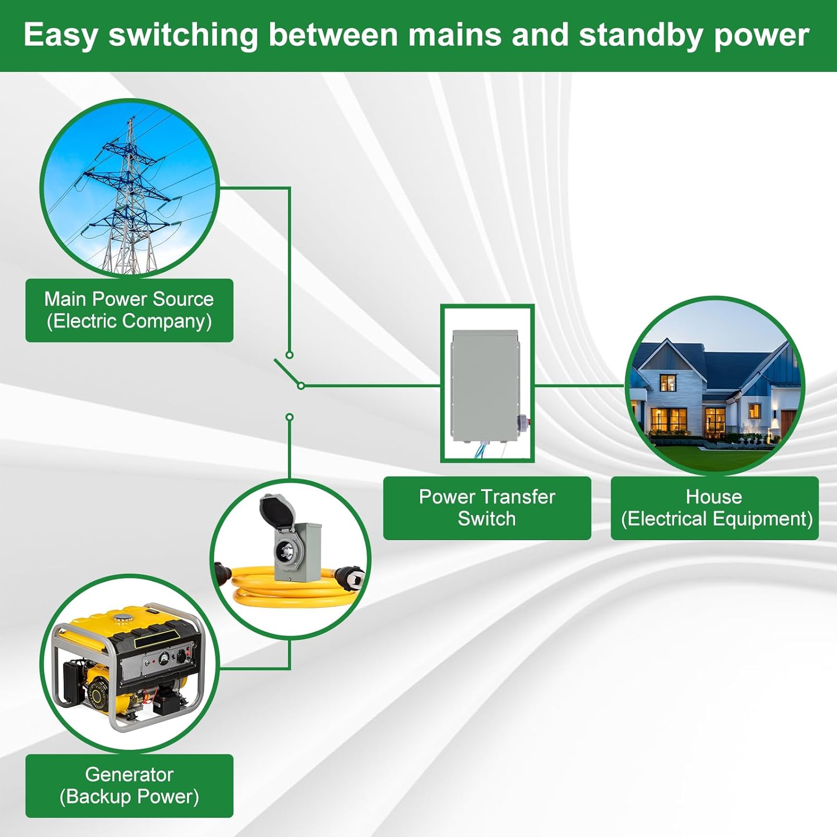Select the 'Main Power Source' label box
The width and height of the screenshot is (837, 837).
click(129, 310)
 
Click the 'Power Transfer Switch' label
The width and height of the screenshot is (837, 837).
click(487, 508)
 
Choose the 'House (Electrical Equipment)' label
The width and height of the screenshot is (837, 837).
click(714, 508)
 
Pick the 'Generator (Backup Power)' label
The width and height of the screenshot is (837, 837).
click(129, 786)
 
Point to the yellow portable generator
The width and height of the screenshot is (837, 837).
click(128, 664)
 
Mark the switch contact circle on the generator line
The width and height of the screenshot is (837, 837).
click(289, 417)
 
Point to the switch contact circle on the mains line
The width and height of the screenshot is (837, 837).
click(289, 355)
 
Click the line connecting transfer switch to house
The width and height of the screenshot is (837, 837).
click(578, 385)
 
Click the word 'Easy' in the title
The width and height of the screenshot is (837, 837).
click(60, 36)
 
